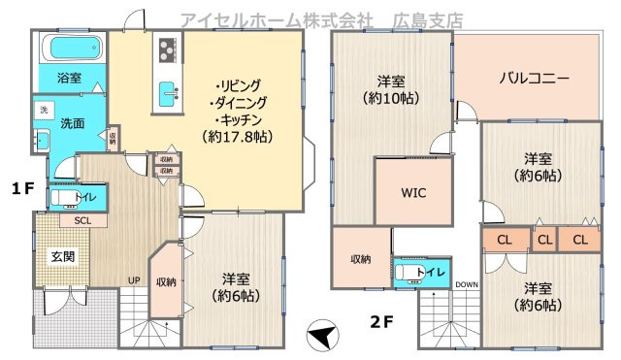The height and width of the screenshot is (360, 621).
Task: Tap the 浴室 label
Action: pyautogui.click(x=69, y=78)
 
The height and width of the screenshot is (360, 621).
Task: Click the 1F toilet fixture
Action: pyautogui.click(x=61, y=200)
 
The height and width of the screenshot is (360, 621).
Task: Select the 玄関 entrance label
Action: pyautogui.click(x=63, y=256)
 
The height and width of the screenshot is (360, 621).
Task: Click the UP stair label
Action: pyautogui.click(x=133, y=281)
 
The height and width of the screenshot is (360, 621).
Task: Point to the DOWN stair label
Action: pyautogui.click(x=467, y=284)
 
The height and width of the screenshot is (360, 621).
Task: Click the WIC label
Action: pyautogui.click(x=413, y=191)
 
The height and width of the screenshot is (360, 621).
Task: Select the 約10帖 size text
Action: pyautogui.click(x=387, y=97)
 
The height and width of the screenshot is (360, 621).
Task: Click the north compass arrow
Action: pyautogui.click(x=324, y=337)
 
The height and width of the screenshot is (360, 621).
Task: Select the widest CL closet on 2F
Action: pyautogui.click(x=505, y=239)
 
